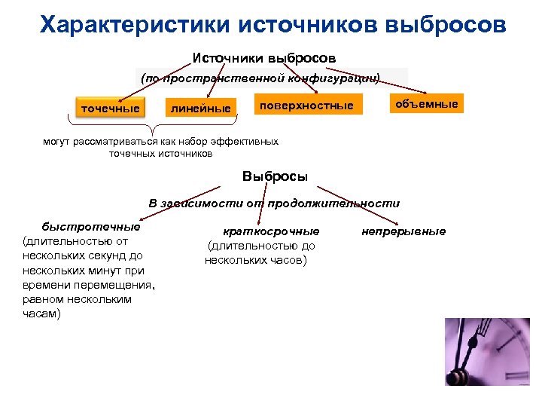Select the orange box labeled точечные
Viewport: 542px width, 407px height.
(110, 109)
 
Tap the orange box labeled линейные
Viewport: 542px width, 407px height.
(201, 109)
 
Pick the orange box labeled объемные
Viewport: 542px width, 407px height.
(427, 104)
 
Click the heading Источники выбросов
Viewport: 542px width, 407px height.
(264, 58)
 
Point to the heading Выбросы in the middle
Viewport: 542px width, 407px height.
(275, 176)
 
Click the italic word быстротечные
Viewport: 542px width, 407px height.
(90, 226)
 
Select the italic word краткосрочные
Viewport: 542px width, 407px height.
(271, 231)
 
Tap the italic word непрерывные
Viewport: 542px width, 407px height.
(403, 231)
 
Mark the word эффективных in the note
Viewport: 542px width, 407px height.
(245, 141)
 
